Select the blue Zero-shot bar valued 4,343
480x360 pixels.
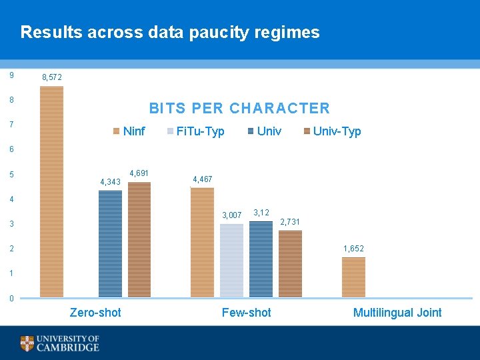click(110, 243)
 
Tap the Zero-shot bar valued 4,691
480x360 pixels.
click(139, 239)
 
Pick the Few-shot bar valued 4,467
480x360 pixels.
click(202, 242)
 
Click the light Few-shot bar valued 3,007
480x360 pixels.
click(231, 260)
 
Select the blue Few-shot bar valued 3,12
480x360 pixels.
click(261, 259)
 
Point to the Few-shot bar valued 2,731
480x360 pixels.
click(290, 263)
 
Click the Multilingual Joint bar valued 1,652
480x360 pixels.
click(353, 277)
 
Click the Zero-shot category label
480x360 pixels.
click(95, 313)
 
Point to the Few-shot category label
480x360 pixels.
click(246, 313)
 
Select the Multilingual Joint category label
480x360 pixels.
click(397, 313)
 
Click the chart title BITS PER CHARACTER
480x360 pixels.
click(239, 108)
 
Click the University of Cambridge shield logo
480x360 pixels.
click(27, 343)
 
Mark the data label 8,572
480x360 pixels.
click(52, 78)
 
